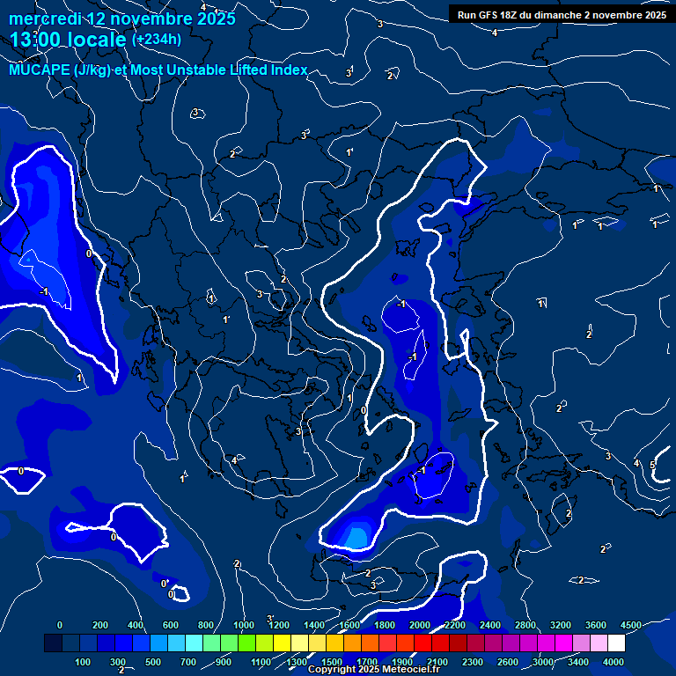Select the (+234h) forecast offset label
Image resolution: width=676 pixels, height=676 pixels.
pos(157,40)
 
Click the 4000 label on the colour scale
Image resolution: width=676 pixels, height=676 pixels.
pos(614,661)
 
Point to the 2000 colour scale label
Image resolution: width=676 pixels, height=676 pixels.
pos(420,625)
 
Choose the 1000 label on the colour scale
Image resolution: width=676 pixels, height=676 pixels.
pos(244,625)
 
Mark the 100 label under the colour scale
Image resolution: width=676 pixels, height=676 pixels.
pos(84,661)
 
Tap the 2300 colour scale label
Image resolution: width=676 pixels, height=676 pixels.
pos(473,661)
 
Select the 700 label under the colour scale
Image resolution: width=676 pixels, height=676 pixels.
pos(188,661)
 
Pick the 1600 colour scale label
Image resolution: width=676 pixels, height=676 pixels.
pos(349,625)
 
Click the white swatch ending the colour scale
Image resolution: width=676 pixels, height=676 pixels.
pos(616,643)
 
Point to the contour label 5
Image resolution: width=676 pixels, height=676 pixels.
pos(652,465)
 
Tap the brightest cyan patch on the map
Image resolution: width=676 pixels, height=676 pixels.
pos(356,535)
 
